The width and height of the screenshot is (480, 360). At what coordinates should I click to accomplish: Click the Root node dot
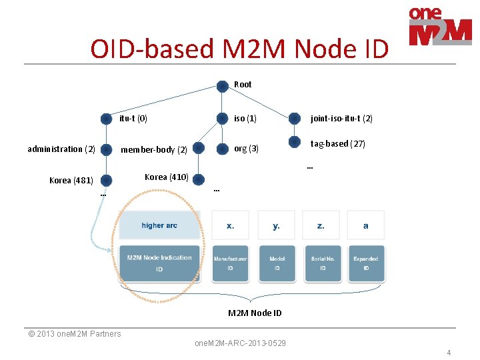(222, 85)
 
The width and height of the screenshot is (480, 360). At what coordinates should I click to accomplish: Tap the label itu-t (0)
(133, 119)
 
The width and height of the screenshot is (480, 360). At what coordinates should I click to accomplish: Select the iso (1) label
(245, 119)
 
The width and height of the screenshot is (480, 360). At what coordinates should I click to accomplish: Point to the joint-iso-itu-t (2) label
(341, 119)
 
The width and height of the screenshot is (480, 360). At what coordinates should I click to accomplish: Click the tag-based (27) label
(337, 144)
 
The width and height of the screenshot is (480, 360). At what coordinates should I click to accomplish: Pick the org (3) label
(246, 149)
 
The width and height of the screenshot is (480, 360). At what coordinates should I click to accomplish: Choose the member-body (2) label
(153, 150)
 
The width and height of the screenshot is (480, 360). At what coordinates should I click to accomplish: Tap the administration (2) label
(61, 149)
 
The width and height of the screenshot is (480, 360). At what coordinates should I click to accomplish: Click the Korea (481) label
(71, 180)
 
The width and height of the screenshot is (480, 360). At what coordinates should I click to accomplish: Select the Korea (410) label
(167, 177)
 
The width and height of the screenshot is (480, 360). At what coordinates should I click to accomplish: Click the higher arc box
(159, 225)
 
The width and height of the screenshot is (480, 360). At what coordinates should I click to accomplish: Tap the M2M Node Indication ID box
(159, 263)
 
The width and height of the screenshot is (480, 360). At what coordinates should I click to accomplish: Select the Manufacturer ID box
(230, 263)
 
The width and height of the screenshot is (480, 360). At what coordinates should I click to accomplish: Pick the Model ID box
(277, 263)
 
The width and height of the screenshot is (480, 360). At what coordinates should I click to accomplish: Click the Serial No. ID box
(322, 263)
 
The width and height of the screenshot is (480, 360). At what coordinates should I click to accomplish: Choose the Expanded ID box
(365, 263)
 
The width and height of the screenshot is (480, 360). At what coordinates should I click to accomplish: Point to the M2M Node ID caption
(255, 313)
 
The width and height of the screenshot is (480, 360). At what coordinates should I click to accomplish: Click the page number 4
(449, 353)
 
